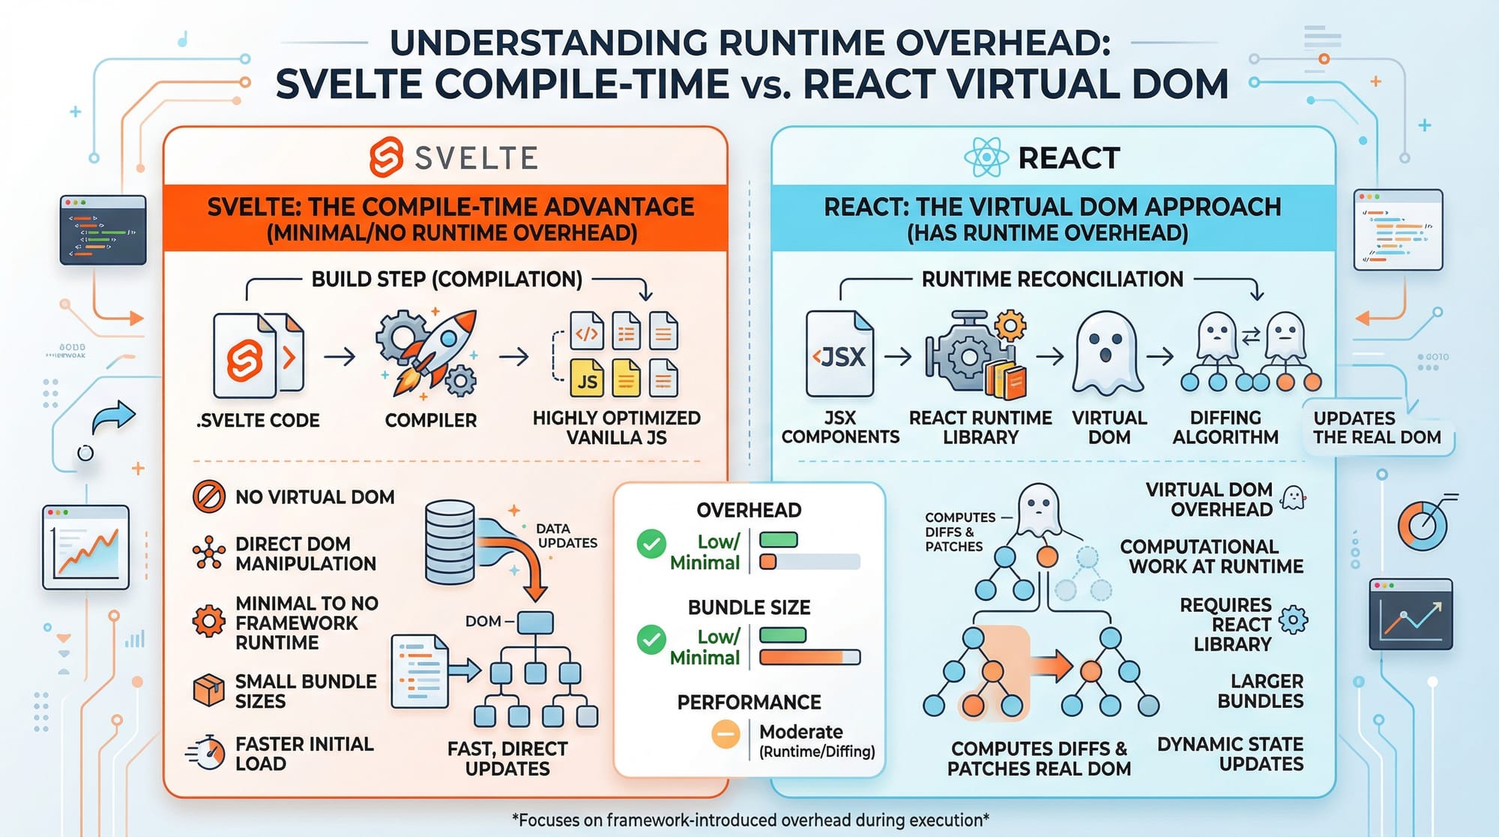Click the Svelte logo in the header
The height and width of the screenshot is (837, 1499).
tap(387, 157)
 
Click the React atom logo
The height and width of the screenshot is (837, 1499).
tap(986, 157)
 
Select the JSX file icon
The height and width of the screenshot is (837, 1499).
tap(839, 354)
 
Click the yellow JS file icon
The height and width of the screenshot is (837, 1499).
tap(587, 379)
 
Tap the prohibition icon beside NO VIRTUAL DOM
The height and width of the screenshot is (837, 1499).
tap(208, 496)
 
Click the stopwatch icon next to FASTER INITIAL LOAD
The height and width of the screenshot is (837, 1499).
tap(207, 753)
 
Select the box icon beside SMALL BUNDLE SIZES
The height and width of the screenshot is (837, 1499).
tap(208, 690)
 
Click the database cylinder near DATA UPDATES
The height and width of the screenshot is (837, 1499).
tap(450, 541)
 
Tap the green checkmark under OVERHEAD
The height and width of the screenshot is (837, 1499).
tap(651, 544)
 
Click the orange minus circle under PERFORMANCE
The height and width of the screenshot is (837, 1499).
tap(726, 734)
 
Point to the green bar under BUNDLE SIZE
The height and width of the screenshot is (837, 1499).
tap(782, 635)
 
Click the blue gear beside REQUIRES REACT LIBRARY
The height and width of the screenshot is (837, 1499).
tap(1293, 620)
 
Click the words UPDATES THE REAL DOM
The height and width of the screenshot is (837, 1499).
tap(1377, 427)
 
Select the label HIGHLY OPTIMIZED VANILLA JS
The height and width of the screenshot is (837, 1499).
tap(616, 427)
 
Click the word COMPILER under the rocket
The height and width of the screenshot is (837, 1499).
tap(430, 421)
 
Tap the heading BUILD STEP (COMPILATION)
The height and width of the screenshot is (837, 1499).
tap(447, 280)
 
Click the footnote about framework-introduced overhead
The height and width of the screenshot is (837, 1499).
tap(749, 820)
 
